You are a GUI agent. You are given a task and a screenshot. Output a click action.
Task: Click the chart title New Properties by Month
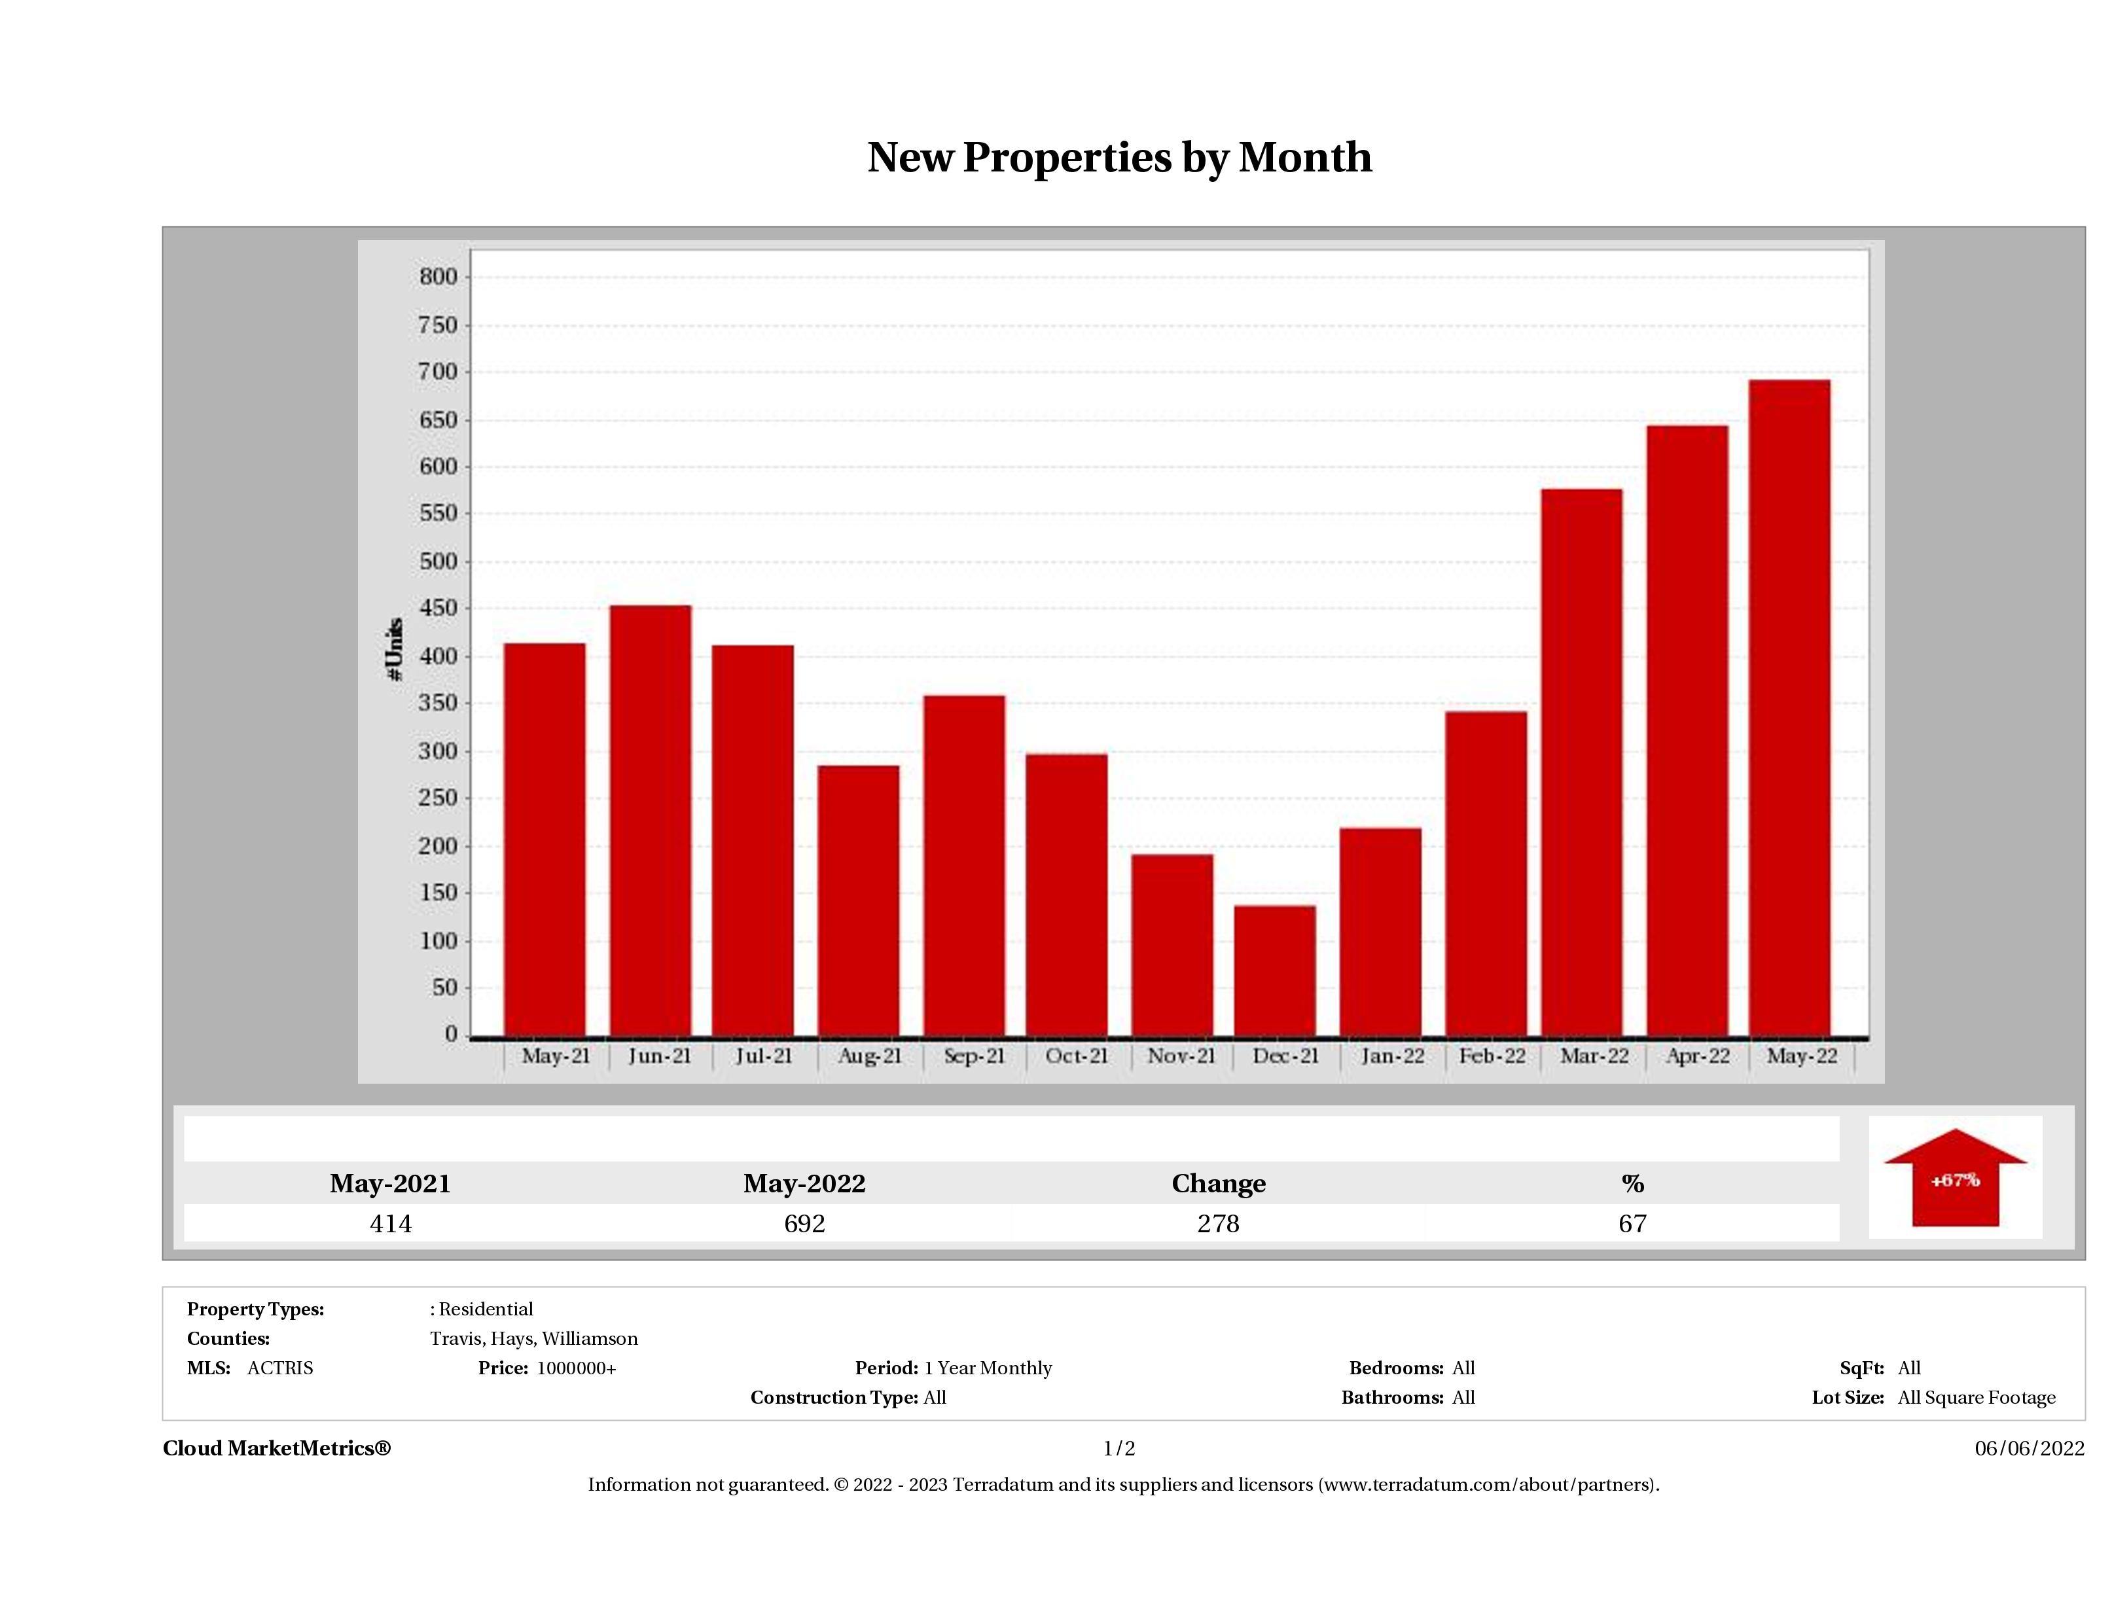[x=1119, y=158]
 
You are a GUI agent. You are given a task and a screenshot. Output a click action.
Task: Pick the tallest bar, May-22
[x=1789, y=708]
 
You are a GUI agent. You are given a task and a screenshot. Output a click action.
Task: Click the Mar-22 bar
[x=1581, y=763]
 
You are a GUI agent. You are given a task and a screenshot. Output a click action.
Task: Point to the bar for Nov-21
[x=1172, y=945]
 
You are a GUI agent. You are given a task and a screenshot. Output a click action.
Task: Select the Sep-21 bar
[x=964, y=866]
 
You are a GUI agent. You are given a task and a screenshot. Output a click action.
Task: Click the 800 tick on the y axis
[x=439, y=277]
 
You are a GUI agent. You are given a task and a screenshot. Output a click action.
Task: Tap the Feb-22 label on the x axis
[x=1492, y=1056]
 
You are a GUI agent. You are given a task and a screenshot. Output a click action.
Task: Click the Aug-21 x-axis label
[x=869, y=1056]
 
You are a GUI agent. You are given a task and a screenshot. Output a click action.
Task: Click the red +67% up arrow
[x=1954, y=1179]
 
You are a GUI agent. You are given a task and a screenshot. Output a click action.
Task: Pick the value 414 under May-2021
[x=391, y=1223]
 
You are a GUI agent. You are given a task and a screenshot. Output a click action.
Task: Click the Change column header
[x=1219, y=1184]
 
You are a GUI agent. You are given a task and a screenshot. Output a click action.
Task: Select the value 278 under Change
[x=1219, y=1223]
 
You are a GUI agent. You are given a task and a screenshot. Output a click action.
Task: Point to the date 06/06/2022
[x=2029, y=1448]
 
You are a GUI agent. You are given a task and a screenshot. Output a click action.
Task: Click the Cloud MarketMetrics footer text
[x=277, y=1448]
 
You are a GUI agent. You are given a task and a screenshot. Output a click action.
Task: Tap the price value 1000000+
[x=576, y=1368]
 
